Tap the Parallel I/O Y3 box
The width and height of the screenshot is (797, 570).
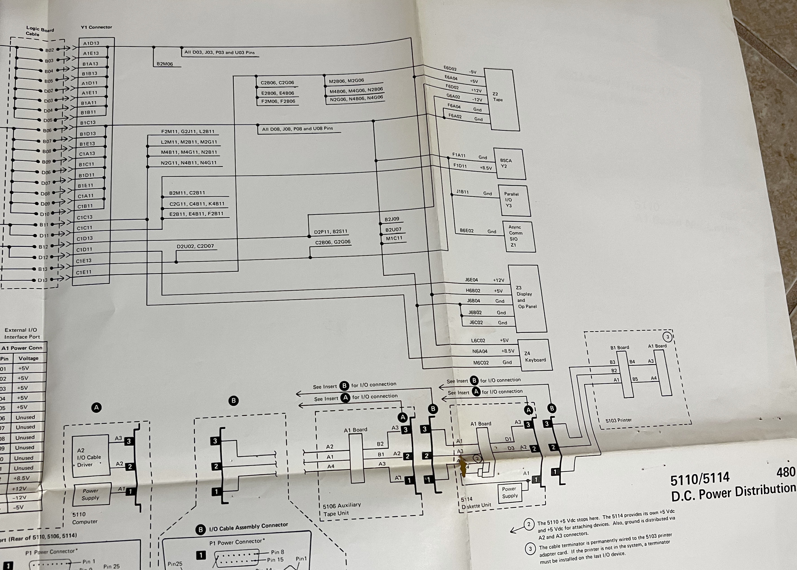pyautogui.click(x=514, y=200)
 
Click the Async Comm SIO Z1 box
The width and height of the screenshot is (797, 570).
pyautogui.click(x=519, y=236)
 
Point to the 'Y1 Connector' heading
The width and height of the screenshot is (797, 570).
pyautogui.click(x=96, y=27)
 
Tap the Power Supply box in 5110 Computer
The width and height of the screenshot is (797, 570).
pyautogui.click(x=91, y=494)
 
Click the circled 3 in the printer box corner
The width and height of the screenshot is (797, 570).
pyautogui.click(x=667, y=337)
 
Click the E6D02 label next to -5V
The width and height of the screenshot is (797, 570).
pyautogui.click(x=450, y=68)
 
